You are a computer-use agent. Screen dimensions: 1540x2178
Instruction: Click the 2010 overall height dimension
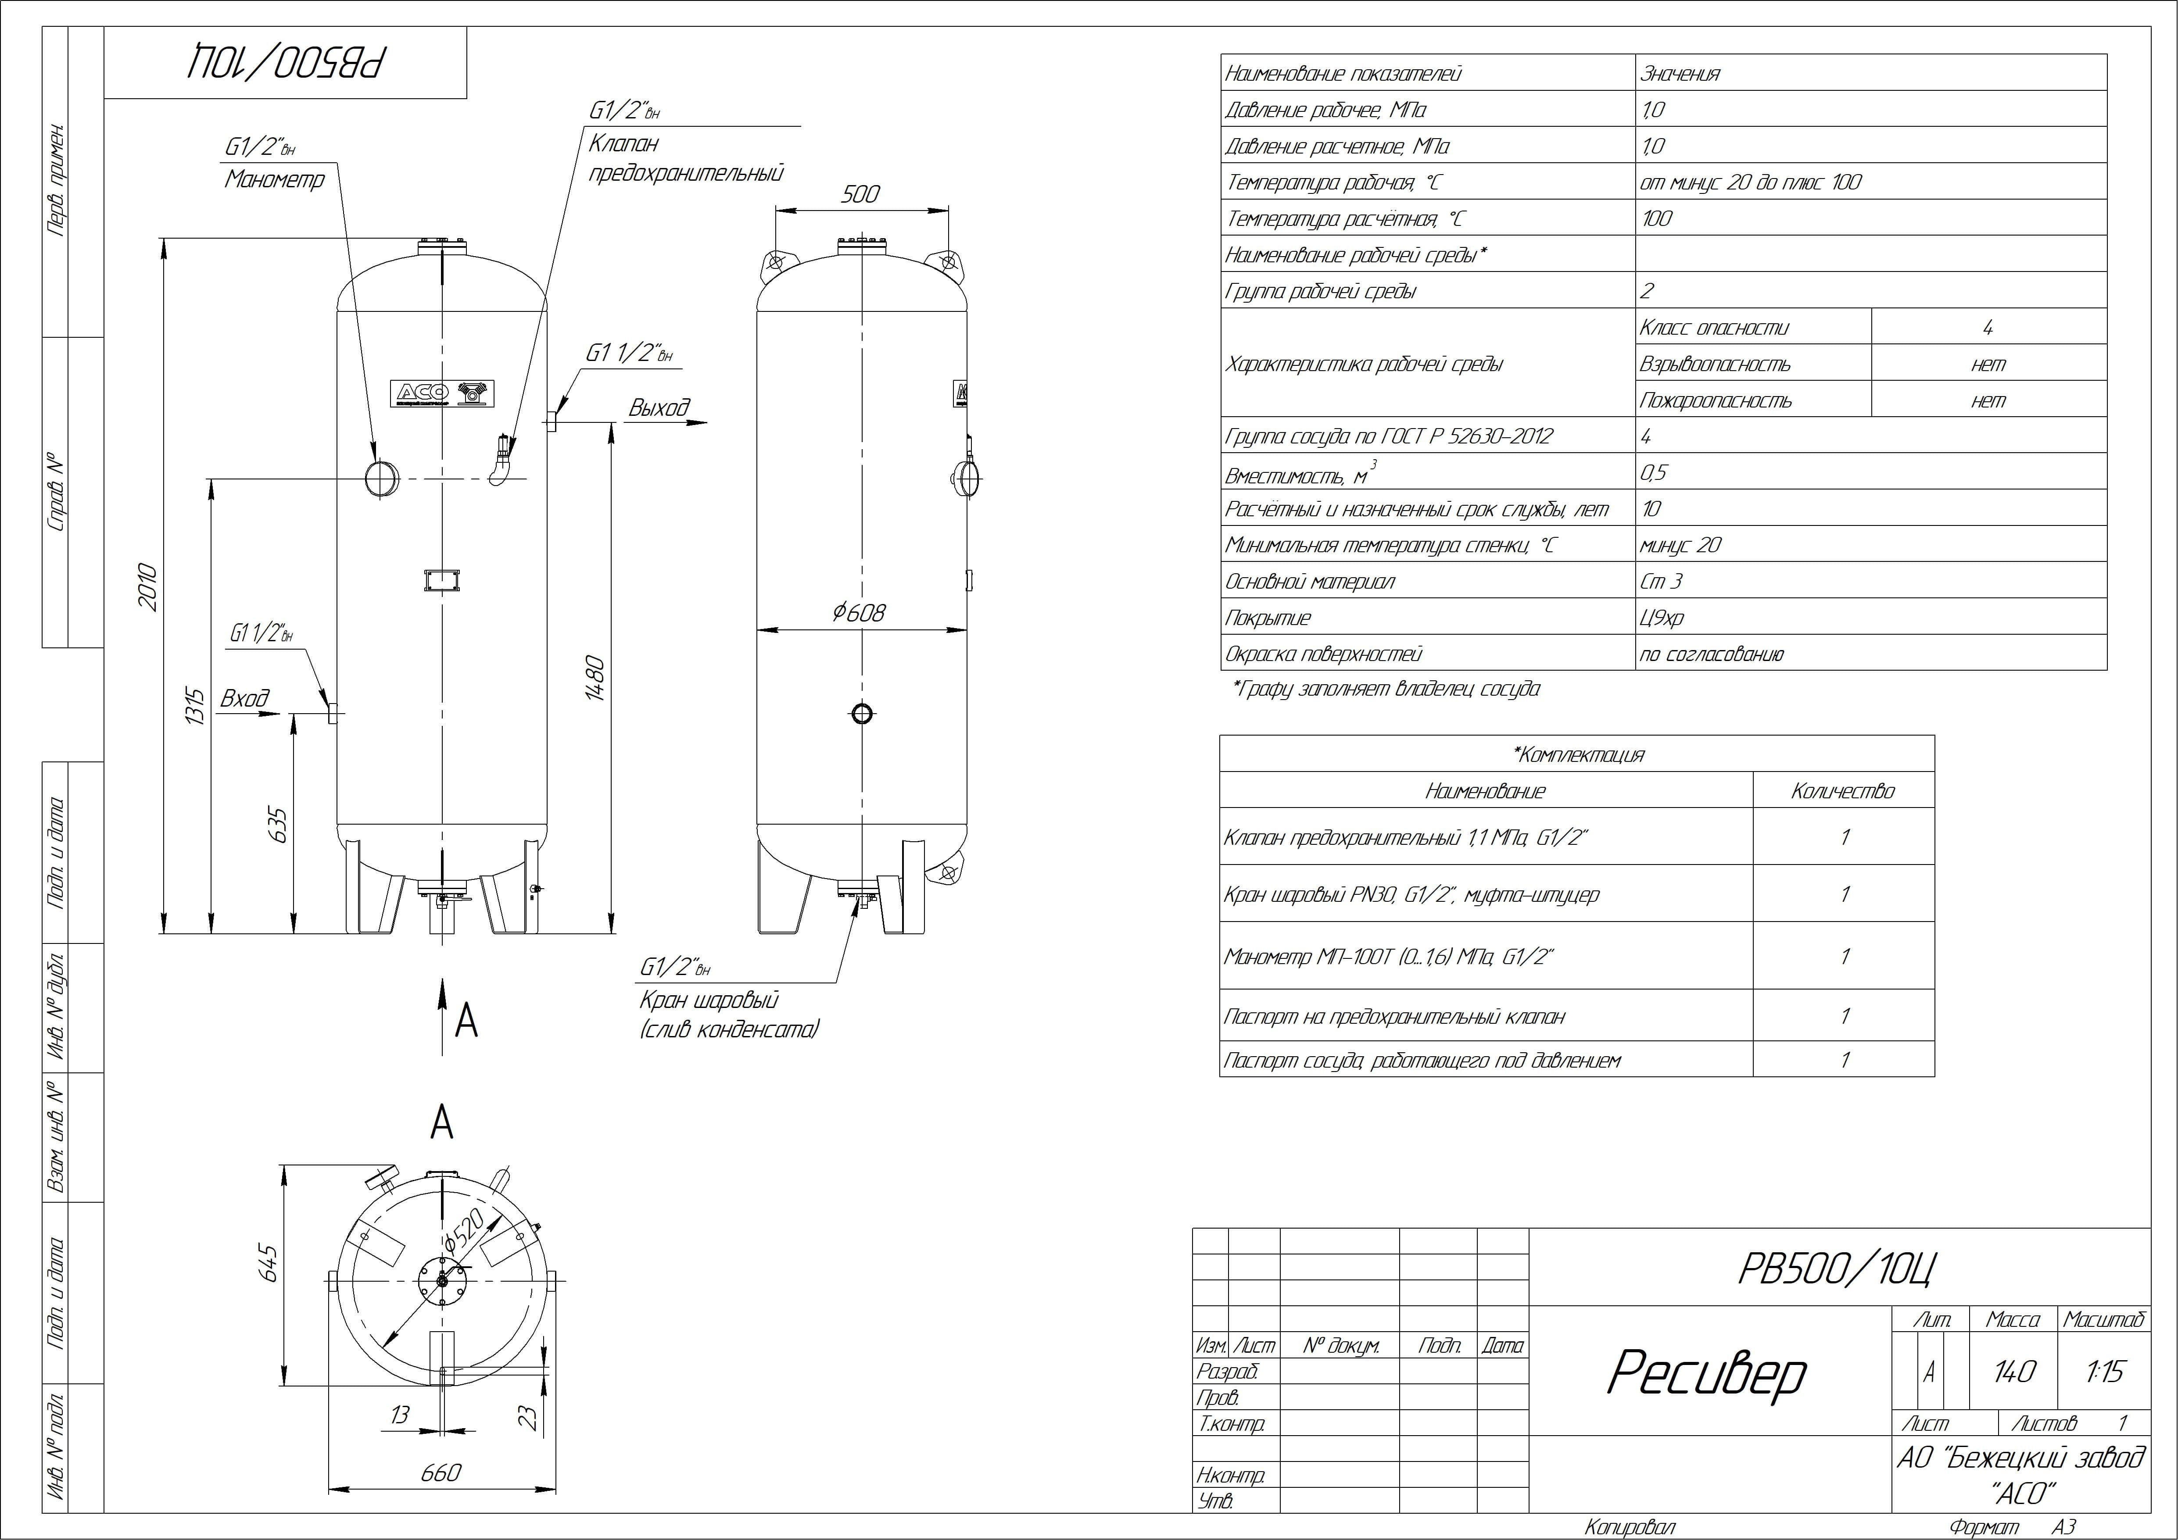(147, 586)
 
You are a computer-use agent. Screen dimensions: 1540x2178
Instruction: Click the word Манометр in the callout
(274, 179)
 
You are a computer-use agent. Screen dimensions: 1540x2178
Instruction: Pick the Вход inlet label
(245, 699)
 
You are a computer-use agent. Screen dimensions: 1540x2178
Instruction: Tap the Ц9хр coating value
(1662, 618)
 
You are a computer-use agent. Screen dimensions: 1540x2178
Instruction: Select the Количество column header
(1842, 791)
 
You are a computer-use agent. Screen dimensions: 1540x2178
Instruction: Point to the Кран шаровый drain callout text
(709, 1000)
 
